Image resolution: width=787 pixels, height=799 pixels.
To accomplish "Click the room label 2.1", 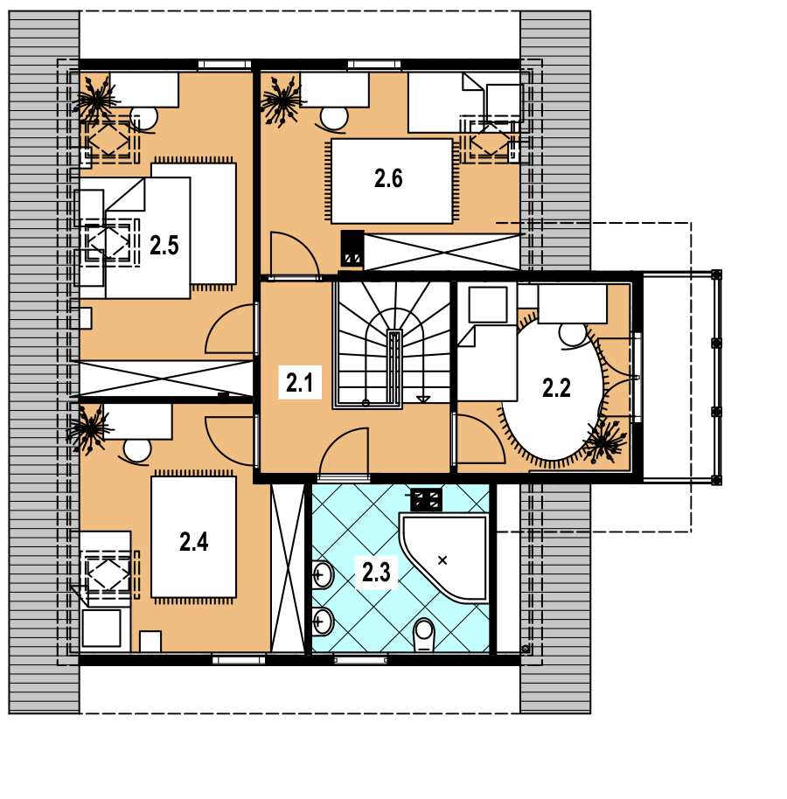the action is [299, 383].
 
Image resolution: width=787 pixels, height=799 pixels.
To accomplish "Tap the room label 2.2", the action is [556, 388].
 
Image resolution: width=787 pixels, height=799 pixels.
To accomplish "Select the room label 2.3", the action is [376, 573].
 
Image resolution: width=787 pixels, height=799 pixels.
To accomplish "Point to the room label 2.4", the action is [194, 542].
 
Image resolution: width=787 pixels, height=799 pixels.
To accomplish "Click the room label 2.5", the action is [164, 246].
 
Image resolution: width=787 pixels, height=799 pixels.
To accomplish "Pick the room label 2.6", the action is [388, 179].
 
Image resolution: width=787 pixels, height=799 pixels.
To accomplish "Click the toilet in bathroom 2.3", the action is [423, 635].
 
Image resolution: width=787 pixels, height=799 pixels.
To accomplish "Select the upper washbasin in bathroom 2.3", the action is [322, 575].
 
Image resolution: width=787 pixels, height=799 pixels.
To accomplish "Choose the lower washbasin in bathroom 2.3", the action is [322, 622].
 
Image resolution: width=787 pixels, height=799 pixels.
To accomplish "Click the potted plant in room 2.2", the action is [605, 441].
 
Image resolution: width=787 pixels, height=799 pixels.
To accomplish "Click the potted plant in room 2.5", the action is [95, 101].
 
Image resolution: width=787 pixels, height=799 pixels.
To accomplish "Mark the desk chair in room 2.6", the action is [333, 119].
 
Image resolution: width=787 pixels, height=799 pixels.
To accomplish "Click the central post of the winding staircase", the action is [394, 367].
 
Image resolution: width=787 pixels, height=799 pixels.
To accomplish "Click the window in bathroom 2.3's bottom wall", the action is [361, 660].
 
